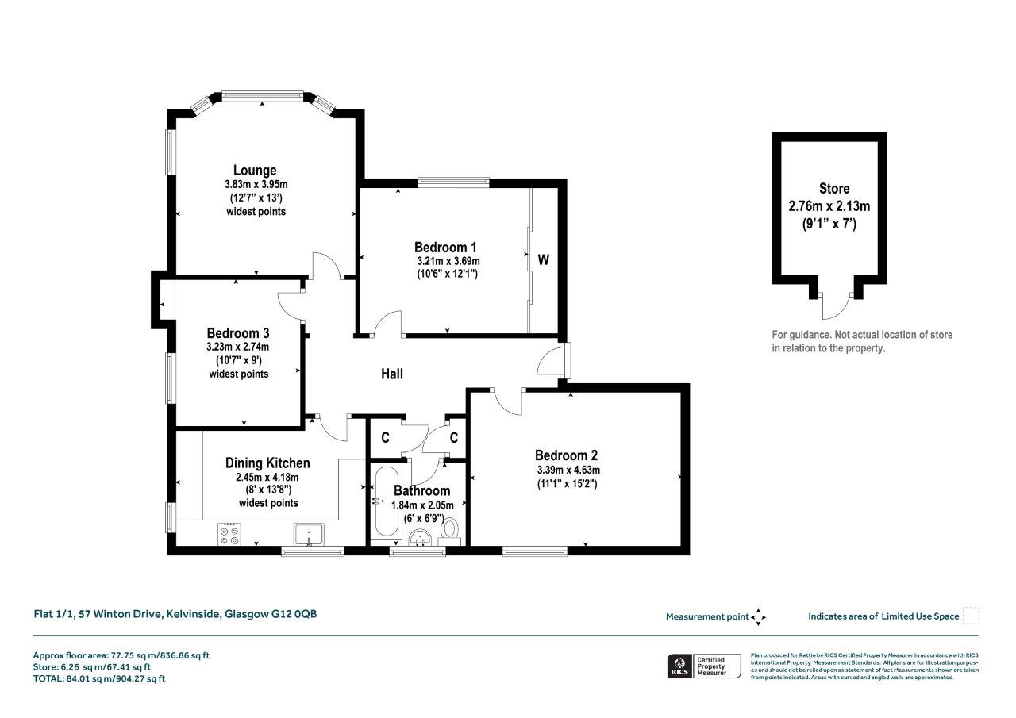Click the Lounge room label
point(255,171)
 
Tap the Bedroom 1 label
point(445,248)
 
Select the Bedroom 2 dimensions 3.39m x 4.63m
point(568,470)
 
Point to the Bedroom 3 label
point(238,333)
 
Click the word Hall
point(392,374)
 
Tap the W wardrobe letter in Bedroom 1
point(544,259)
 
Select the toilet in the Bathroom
point(449,532)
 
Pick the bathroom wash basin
point(420,539)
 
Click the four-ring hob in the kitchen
point(229,535)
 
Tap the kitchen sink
point(309,535)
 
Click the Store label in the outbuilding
point(834,189)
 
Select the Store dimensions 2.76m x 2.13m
point(829,207)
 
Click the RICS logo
point(679,666)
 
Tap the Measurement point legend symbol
point(758,617)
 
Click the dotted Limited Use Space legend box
point(971,616)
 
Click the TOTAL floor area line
point(99,679)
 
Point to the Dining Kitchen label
point(267,463)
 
